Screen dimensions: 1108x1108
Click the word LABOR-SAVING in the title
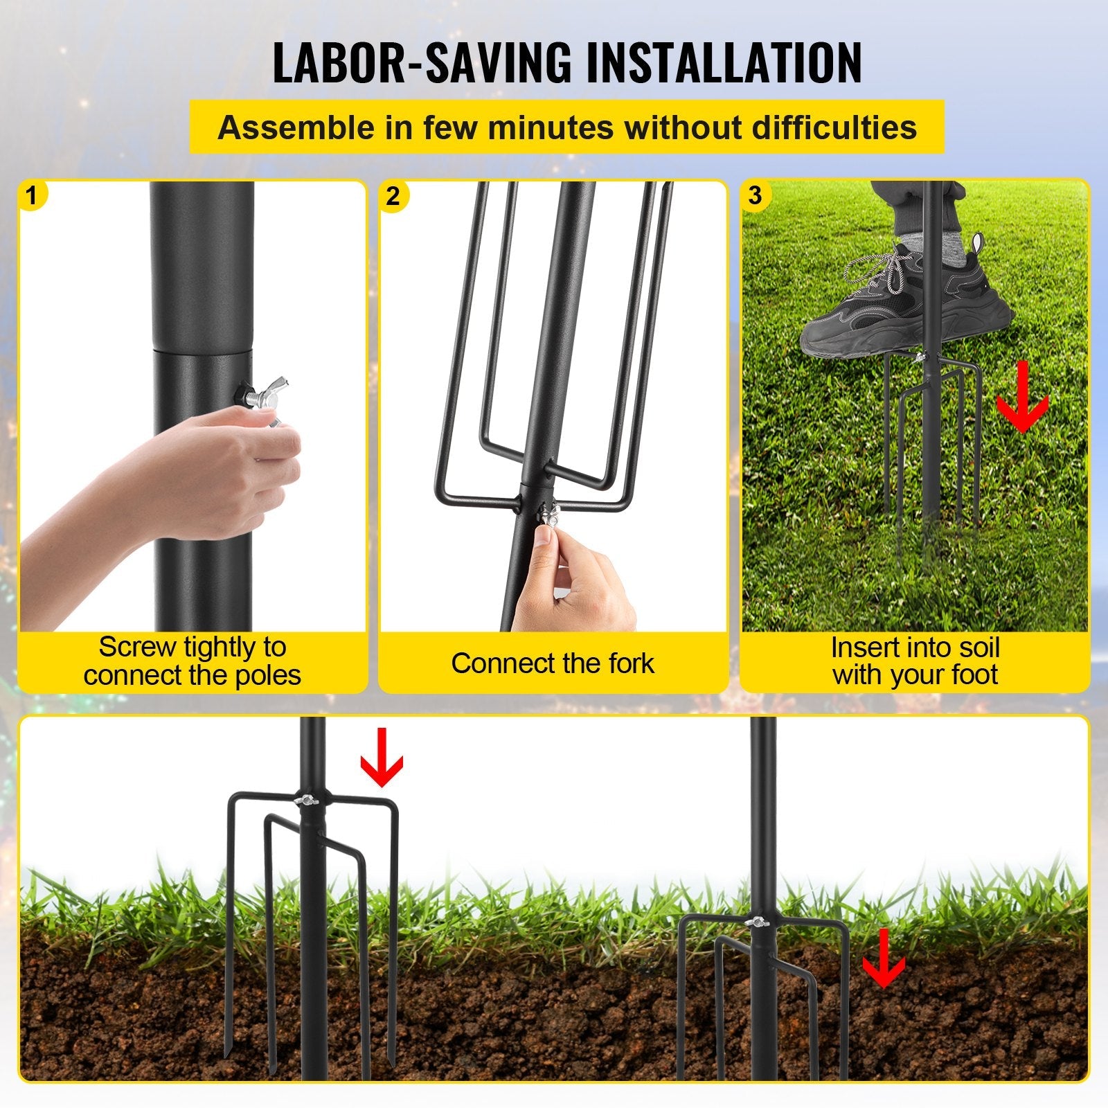[x=422, y=63]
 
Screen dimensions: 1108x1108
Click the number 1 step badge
[x=31, y=195]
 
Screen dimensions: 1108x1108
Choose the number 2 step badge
[x=393, y=196]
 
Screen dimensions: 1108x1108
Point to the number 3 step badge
[x=755, y=195]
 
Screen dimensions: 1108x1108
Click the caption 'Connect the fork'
[x=553, y=663]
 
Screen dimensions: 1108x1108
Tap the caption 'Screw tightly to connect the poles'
[x=193, y=661]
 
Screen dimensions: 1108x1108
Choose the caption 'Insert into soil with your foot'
[x=915, y=661]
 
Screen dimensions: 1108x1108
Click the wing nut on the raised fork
[x=305, y=800]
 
